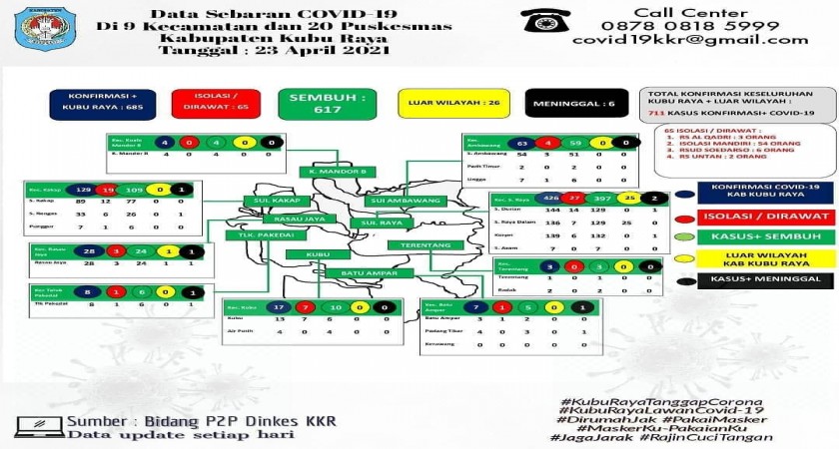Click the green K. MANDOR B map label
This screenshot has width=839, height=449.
[x=339, y=172]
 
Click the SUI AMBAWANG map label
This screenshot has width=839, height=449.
[x=391, y=201]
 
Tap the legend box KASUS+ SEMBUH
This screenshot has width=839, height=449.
[x=767, y=235]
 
